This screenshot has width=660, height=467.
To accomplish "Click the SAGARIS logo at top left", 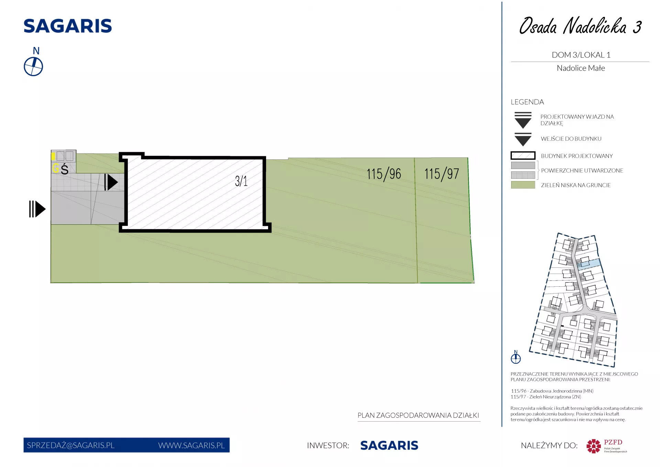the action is (x=68, y=26).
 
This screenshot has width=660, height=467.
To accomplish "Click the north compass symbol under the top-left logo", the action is (x=33, y=66).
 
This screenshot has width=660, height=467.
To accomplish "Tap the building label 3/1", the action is (x=241, y=181).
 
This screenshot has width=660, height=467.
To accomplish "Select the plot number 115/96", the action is (x=384, y=174).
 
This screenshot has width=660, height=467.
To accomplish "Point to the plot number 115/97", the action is (x=442, y=174).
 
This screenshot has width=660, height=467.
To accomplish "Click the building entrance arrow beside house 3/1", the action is (x=111, y=182).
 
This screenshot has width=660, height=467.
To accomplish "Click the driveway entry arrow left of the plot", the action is (x=37, y=209).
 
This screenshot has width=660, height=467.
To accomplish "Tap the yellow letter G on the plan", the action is (x=56, y=168).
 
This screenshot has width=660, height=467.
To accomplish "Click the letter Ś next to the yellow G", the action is (x=65, y=169).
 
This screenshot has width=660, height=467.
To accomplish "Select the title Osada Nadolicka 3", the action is (x=580, y=26).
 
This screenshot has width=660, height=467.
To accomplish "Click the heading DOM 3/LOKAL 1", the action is (x=581, y=55).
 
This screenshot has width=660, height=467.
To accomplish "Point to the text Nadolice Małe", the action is (x=581, y=68).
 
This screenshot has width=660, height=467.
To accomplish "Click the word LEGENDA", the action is (x=527, y=102).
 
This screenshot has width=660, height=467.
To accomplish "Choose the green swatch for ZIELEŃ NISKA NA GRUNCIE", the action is (x=523, y=185).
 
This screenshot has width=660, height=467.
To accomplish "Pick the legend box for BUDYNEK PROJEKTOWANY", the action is (x=523, y=156).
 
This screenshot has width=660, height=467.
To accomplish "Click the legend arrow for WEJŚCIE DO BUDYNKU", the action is (x=523, y=139).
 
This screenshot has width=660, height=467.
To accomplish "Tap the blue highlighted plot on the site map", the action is (x=589, y=264).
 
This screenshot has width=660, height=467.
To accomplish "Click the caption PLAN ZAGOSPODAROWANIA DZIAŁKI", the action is (x=418, y=415).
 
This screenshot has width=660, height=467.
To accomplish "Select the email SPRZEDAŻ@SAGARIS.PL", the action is (x=70, y=445).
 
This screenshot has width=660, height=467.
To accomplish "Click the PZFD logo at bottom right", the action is (x=607, y=446).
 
